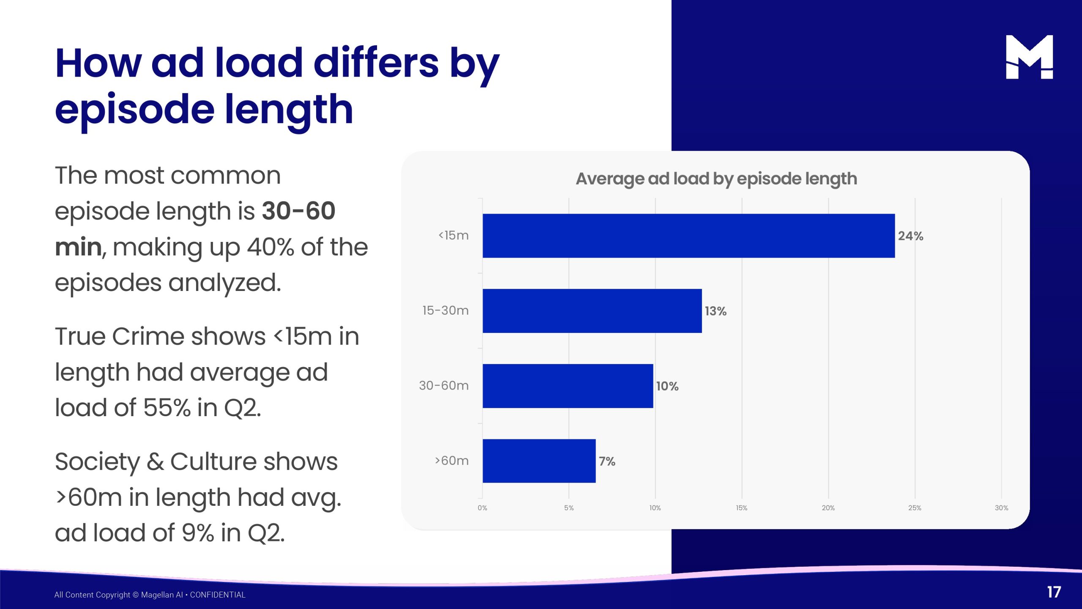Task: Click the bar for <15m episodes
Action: tap(689, 236)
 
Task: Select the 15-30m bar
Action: tap(592, 311)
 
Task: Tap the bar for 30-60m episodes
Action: tap(568, 386)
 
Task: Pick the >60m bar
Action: tap(539, 461)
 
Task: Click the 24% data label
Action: tap(910, 236)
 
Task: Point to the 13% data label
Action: tap(716, 311)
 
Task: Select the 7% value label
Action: tap(607, 461)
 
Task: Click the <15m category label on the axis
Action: tap(454, 236)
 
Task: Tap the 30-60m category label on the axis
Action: tap(444, 386)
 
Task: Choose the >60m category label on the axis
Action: tap(452, 461)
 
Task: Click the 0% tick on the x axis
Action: tap(482, 508)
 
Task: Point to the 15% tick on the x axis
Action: tap(741, 508)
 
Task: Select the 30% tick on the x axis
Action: tap(1001, 508)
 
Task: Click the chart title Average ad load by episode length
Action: tap(716, 179)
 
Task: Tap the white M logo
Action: tap(1029, 57)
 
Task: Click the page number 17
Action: tap(1054, 592)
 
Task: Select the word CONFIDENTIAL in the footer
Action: tap(218, 595)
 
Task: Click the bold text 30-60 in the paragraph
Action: tap(298, 211)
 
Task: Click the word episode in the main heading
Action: tap(134, 110)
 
